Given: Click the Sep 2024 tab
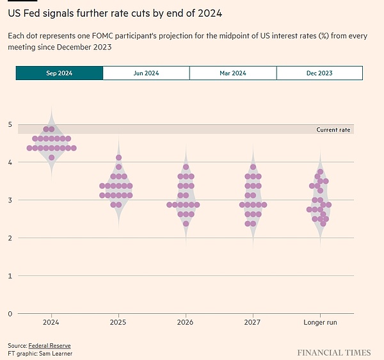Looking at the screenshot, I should coord(60,73).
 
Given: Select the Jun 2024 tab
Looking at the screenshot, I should coord(146,73).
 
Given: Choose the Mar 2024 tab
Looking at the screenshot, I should coord(233,73).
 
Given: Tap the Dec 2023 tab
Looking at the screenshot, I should coord(319,73).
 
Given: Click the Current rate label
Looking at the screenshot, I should coord(333,129).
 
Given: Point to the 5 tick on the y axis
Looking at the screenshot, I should coord(10,124).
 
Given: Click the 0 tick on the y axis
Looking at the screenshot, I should coord(10,313).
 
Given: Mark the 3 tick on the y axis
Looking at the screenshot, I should coord(10,200).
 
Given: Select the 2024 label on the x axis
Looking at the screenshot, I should coord(51,322).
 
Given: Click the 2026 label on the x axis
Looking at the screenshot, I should coord(186,322).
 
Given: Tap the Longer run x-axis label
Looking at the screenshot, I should coord(320,322).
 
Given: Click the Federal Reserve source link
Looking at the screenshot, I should coord(54,346).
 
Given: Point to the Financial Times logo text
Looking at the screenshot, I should coord(333,352).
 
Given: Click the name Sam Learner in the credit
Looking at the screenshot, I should coord(54,354).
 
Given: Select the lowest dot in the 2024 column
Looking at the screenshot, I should coord(51,157).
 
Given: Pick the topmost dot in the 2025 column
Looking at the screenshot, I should coord(118,158).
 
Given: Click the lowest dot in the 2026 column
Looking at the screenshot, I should coord(186,224).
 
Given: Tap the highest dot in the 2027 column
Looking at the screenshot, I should coord(253,167).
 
